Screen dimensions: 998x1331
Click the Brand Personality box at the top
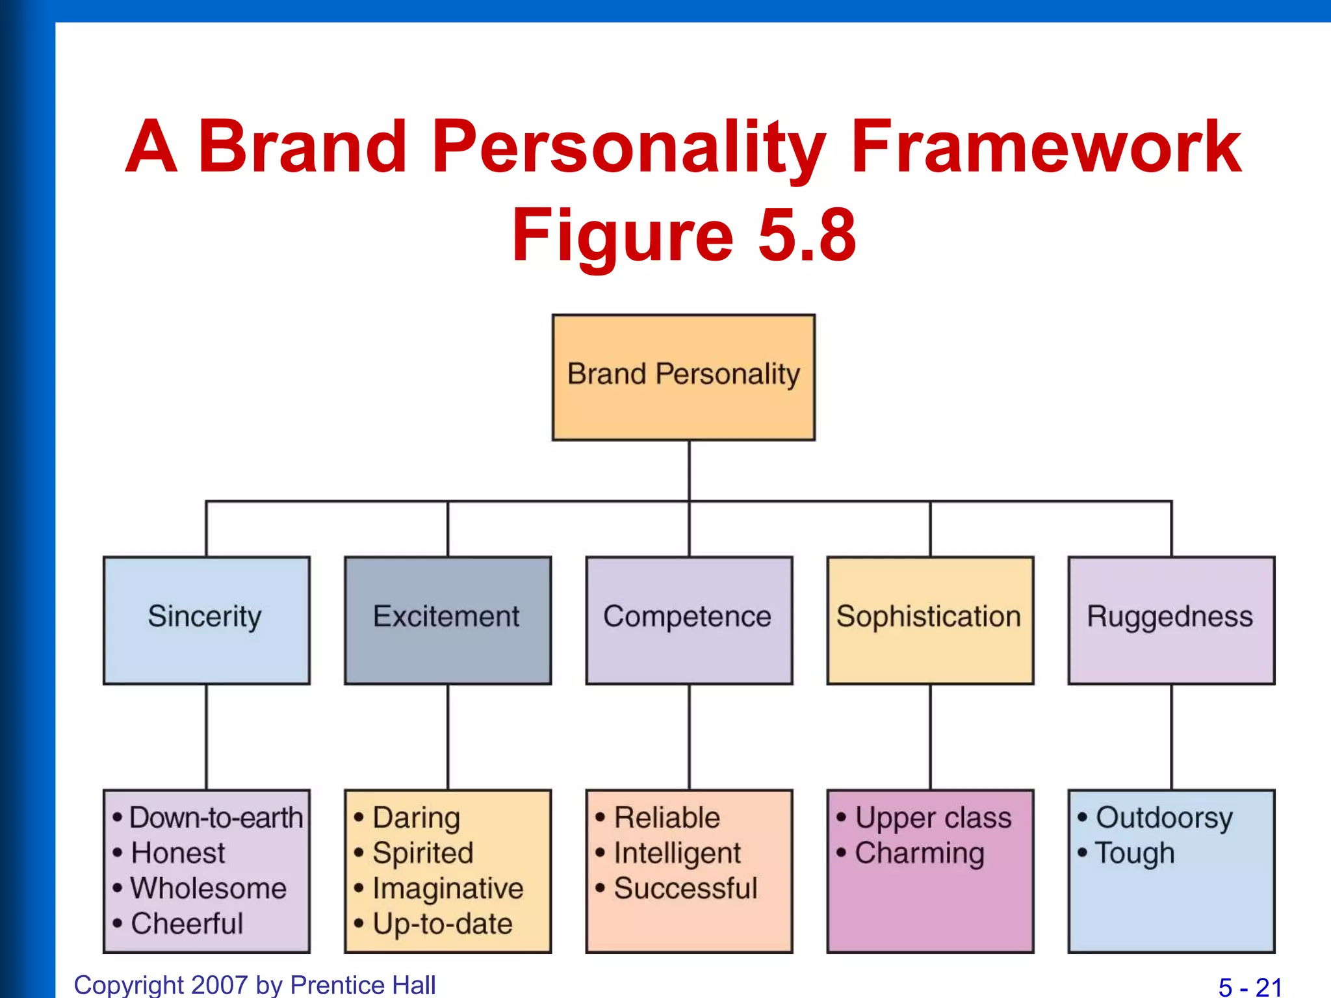[x=684, y=377]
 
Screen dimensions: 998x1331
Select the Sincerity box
[x=206, y=620]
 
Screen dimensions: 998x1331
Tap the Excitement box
[x=447, y=620]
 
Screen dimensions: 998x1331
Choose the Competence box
[x=689, y=620]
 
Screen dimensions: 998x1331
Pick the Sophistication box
[x=930, y=620]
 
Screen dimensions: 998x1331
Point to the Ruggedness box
[x=1171, y=620]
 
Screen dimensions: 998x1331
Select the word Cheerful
[x=187, y=923]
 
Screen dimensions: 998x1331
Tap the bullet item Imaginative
[x=448, y=889]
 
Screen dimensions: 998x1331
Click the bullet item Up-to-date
[x=443, y=924]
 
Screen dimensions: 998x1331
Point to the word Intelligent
[x=677, y=853]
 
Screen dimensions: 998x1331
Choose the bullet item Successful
[x=686, y=888]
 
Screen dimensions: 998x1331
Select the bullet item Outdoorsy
[x=1164, y=818]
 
